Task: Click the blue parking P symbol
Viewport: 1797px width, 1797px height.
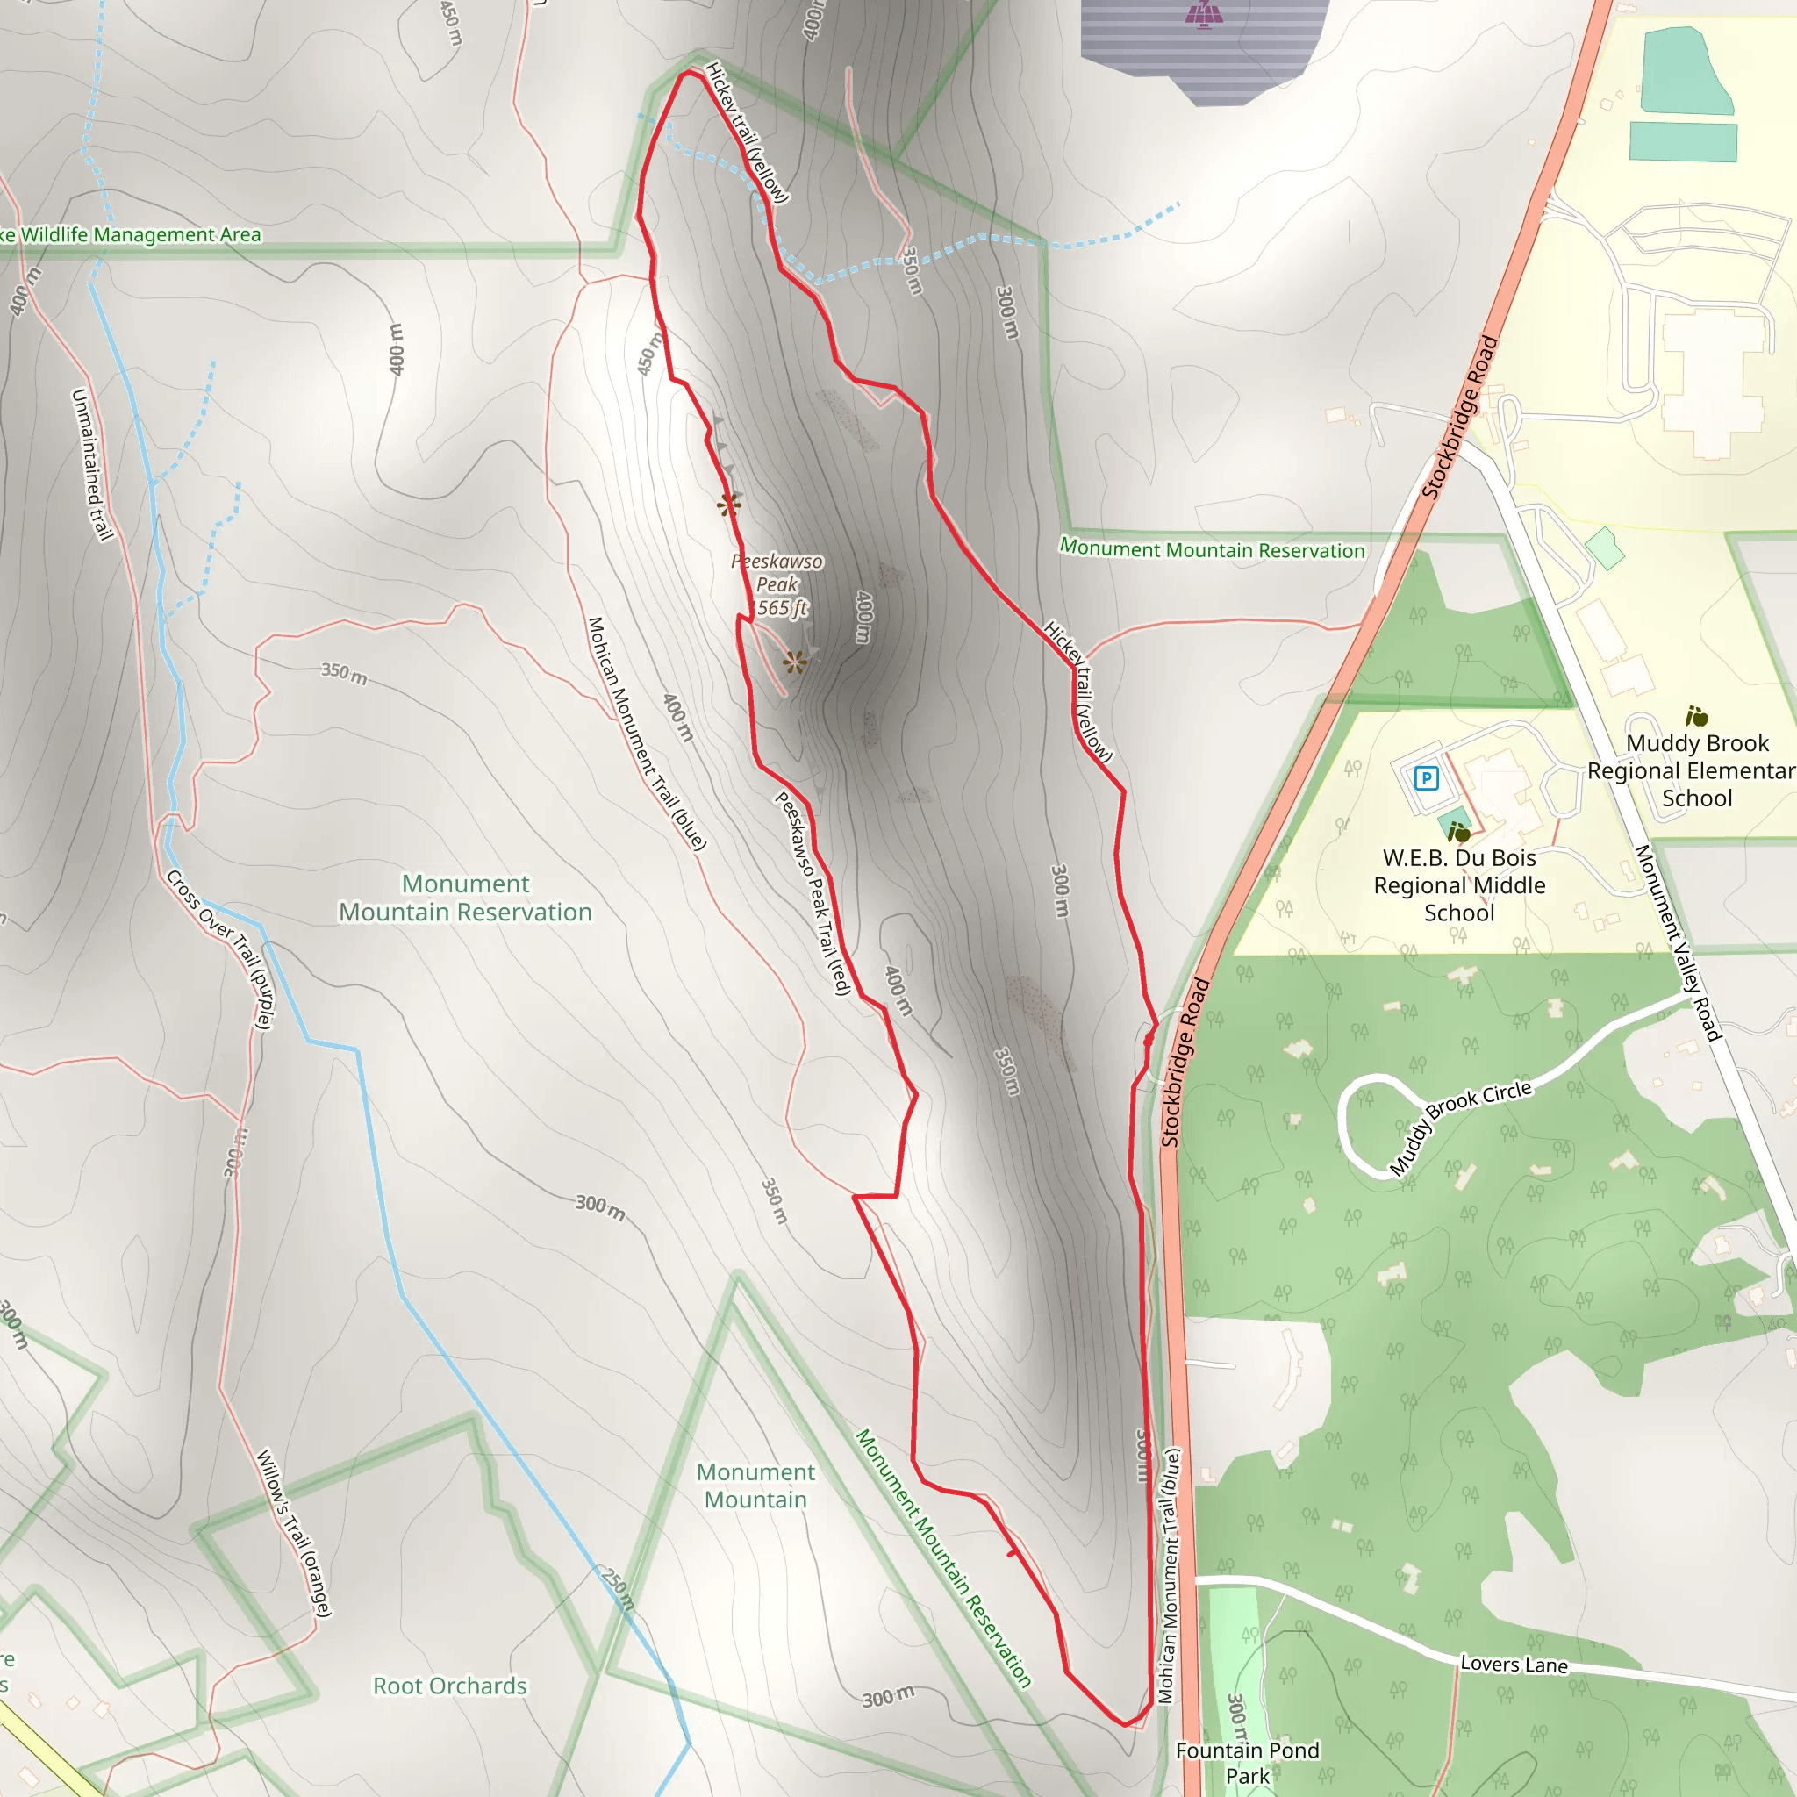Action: point(1426,777)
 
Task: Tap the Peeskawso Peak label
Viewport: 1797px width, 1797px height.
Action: point(776,584)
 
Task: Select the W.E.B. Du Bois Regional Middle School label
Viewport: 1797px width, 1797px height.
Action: point(1458,884)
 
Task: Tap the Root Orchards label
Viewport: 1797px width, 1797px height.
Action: point(449,1686)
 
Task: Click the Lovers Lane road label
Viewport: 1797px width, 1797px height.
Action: point(1514,1664)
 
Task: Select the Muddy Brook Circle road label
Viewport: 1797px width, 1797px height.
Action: point(1459,1128)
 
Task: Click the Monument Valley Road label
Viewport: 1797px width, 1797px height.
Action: point(1678,941)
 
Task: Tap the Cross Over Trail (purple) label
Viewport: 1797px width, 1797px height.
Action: point(219,949)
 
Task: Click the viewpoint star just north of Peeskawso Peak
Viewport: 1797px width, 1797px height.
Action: point(729,505)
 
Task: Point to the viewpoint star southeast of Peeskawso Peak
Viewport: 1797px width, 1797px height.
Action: point(794,662)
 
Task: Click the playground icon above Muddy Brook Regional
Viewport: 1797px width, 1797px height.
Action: point(1695,716)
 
